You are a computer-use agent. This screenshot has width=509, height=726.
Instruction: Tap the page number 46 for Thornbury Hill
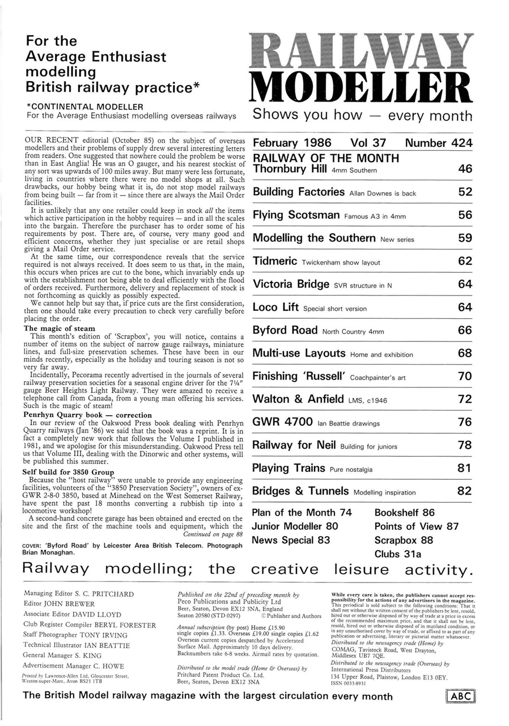point(465,168)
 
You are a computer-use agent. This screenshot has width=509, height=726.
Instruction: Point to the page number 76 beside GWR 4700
point(465,422)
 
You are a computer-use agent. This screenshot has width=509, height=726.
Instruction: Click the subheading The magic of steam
point(59,328)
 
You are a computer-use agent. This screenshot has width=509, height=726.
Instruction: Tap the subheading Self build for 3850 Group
point(68,472)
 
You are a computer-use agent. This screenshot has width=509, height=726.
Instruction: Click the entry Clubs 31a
point(398,554)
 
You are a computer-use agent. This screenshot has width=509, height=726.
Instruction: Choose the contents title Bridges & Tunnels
point(300,491)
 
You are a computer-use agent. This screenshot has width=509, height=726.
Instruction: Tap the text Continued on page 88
point(213,534)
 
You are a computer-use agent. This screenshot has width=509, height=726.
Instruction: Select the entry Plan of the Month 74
point(302,513)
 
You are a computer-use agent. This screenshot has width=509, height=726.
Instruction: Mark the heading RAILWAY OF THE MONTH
point(325,158)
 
